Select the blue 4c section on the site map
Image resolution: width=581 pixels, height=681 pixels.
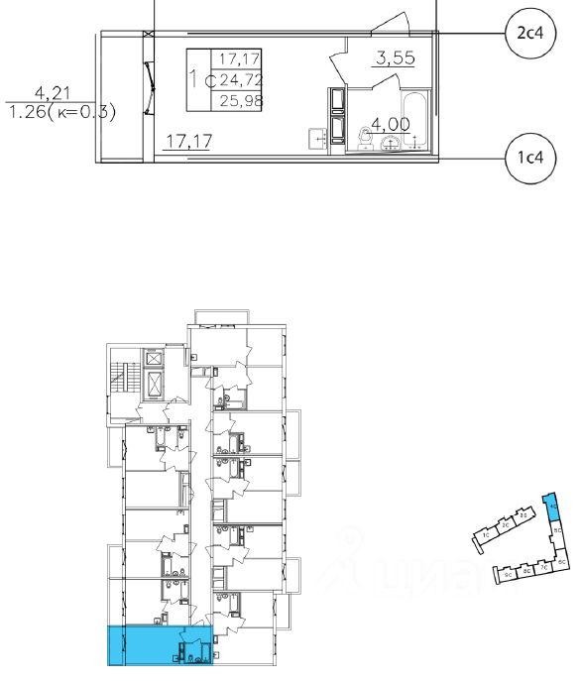point(553,510)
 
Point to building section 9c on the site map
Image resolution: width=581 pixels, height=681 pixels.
point(508,574)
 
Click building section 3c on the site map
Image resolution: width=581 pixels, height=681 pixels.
point(523,515)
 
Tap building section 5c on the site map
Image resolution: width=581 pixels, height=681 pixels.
point(558,532)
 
